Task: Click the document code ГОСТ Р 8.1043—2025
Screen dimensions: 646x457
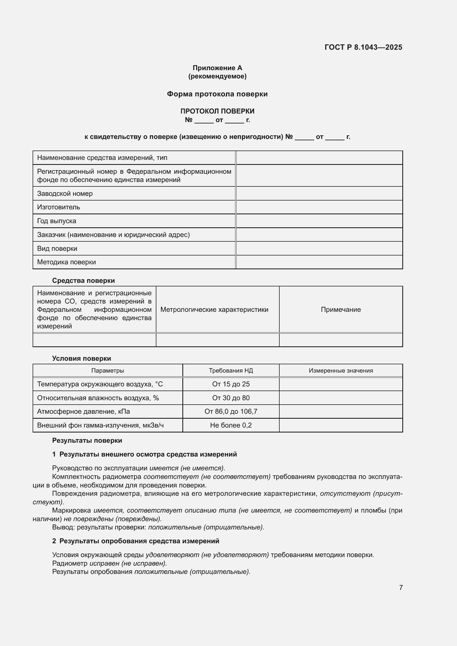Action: click(363, 47)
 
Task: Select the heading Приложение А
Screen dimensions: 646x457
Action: click(217, 68)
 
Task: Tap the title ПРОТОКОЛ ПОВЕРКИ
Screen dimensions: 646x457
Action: click(217, 111)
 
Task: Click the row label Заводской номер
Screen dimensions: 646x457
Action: click(65, 194)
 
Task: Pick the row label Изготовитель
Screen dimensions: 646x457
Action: click(59, 207)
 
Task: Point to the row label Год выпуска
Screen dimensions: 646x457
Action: click(57, 221)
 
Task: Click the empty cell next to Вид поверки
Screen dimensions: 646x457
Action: click(319, 249)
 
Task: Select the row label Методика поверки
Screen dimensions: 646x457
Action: click(66, 262)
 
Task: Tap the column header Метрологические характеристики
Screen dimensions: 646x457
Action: click(214, 310)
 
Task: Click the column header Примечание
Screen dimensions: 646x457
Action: click(340, 310)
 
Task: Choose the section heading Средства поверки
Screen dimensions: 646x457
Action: click(83, 281)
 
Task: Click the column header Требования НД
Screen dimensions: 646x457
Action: click(231, 371)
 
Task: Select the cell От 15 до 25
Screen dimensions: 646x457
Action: click(231, 384)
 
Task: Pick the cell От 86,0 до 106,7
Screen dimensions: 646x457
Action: click(231, 412)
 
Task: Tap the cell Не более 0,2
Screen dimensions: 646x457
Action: click(231, 425)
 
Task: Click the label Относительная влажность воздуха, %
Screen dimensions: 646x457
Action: click(98, 398)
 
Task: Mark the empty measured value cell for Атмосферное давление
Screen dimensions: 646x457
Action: click(340, 412)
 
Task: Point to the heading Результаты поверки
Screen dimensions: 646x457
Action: click(87, 441)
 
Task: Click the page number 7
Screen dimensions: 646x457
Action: click(401, 587)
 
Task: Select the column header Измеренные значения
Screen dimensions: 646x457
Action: click(340, 371)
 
